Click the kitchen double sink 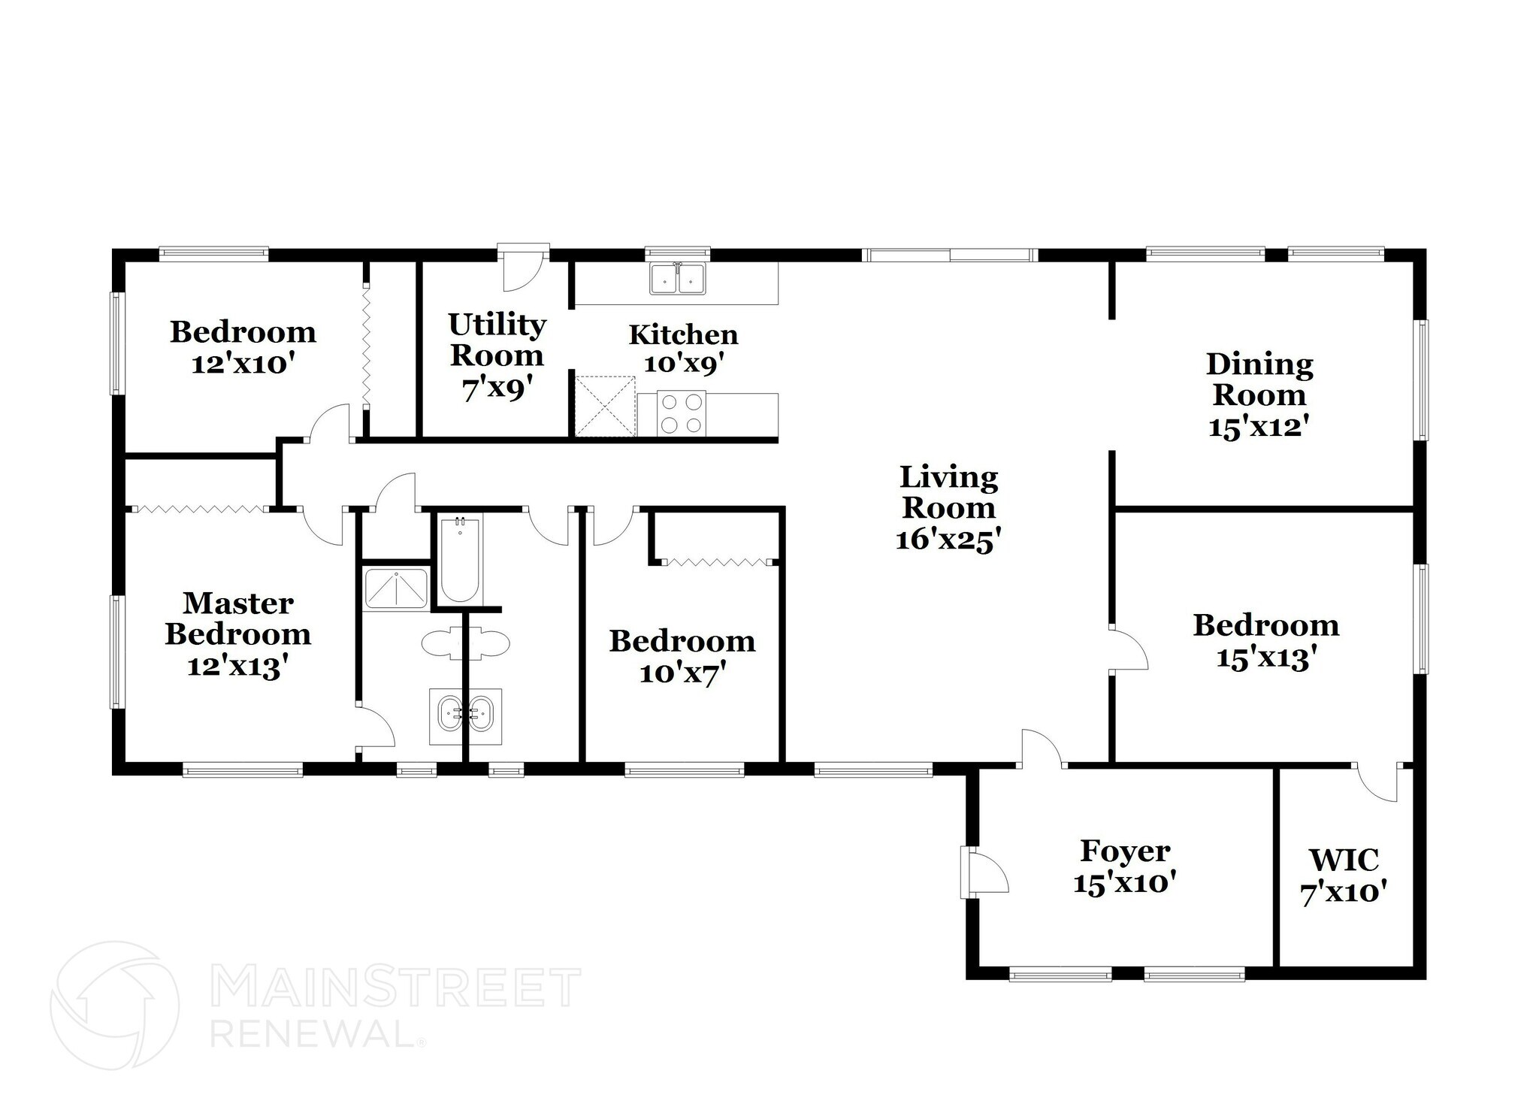(x=678, y=279)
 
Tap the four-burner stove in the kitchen (x=682, y=413)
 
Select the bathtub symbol (x=459, y=560)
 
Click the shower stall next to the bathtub (x=396, y=588)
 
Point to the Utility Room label (x=497, y=340)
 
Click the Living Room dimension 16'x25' (x=948, y=540)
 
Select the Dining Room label (x=1259, y=380)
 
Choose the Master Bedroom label (x=238, y=618)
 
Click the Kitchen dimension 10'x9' (x=683, y=364)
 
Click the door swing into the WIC (x=1377, y=783)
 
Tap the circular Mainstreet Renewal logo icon (x=114, y=1005)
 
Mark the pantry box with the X (x=605, y=407)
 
